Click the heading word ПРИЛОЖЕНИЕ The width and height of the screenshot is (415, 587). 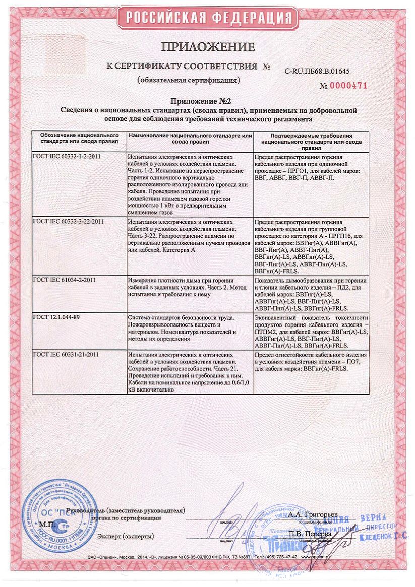(208, 47)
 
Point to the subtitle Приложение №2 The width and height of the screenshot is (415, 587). (207, 101)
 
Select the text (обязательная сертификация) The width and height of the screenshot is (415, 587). (188, 80)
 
